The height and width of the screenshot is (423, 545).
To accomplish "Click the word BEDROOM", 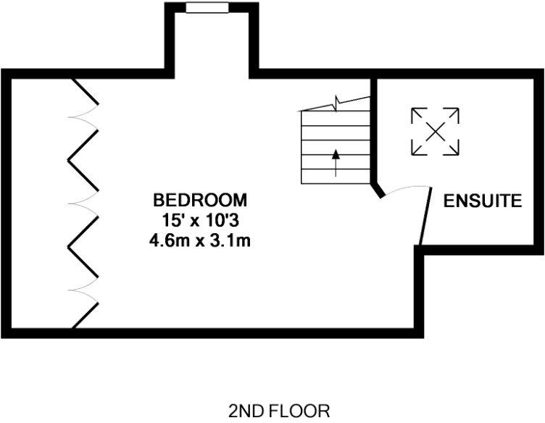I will tap(199, 199).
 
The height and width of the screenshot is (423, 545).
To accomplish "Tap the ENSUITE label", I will tap(483, 201).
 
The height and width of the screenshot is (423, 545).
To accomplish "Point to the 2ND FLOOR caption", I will tap(278, 411).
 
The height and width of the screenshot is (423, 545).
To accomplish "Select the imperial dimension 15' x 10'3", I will tap(200, 219).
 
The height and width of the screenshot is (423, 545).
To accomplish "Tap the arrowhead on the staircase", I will tap(336, 154).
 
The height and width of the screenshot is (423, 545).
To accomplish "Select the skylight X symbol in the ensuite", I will tap(435, 131).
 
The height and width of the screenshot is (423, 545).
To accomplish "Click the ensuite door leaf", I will tap(425, 216).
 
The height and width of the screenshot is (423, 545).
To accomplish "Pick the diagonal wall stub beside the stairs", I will tap(378, 190).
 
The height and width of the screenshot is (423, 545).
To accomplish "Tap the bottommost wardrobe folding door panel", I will tap(86, 313).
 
